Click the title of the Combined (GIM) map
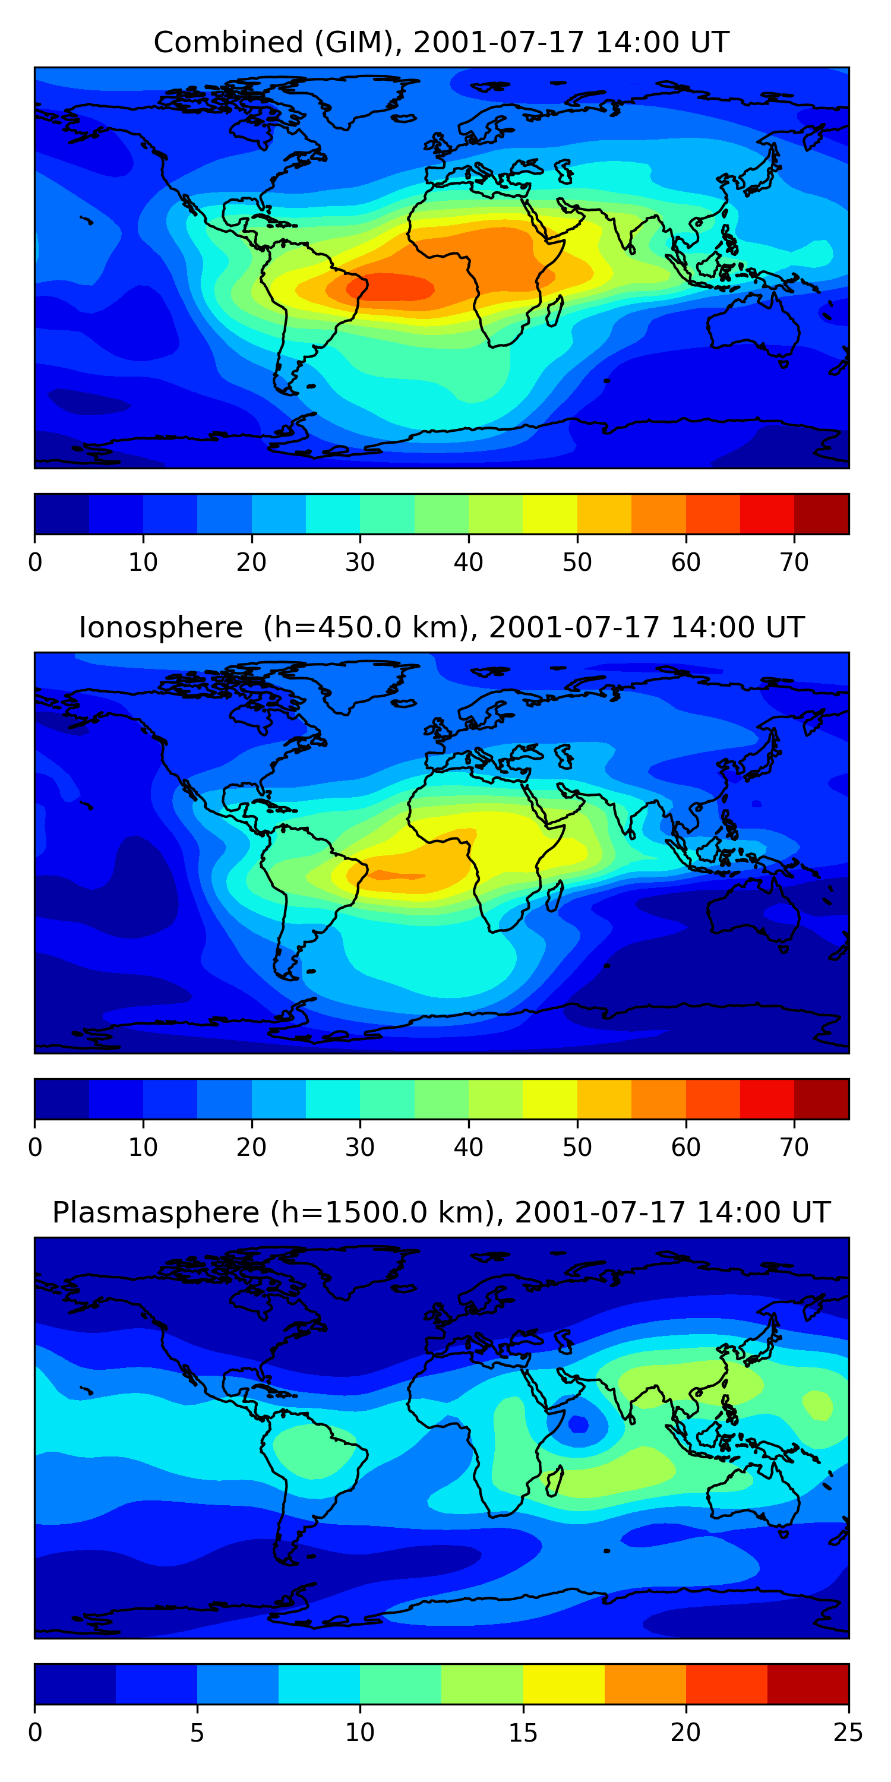click(441, 43)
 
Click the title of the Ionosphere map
click(441, 627)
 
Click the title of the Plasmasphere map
click(441, 1213)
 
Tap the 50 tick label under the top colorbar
click(577, 563)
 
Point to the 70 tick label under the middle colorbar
click(794, 1147)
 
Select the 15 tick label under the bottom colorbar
click(523, 1732)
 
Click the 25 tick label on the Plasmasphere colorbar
click(848, 1732)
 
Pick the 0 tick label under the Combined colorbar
click(35, 563)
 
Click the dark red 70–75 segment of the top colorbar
click(821, 514)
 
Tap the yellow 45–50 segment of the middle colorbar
click(550, 1098)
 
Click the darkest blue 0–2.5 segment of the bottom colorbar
click(75, 1684)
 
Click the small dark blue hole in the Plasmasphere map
click(579, 1424)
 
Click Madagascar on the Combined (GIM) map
click(555, 311)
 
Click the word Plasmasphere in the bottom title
click(156, 1213)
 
